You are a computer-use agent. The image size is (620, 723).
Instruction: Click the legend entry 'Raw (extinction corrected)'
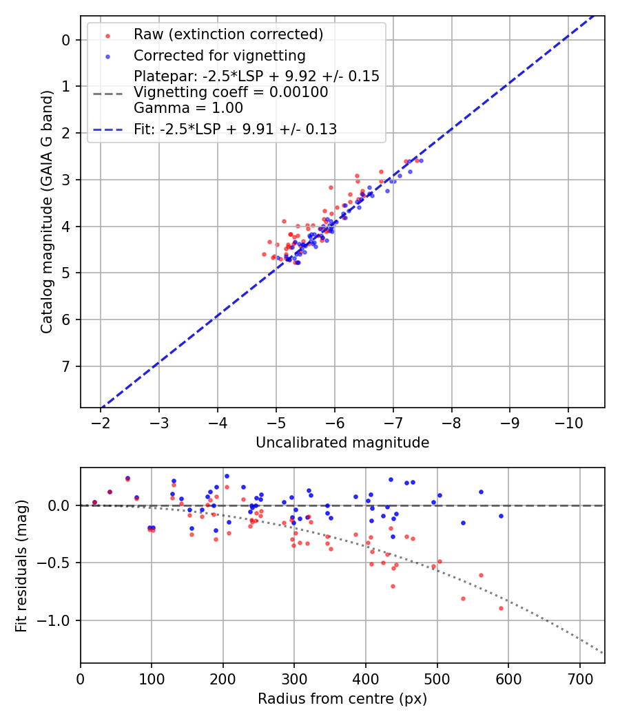point(228,34)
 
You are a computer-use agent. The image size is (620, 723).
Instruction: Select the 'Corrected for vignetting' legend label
point(219,55)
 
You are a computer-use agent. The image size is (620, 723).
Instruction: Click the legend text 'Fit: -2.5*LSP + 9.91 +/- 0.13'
point(235,129)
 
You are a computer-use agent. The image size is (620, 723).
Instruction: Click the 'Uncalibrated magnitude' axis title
point(342,443)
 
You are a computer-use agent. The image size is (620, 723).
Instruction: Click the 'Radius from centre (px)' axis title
point(342,699)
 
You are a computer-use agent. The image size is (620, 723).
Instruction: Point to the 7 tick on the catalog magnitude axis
point(66,366)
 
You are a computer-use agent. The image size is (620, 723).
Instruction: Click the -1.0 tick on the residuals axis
point(58,621)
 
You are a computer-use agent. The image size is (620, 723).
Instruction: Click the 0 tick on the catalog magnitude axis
point(66,40)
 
